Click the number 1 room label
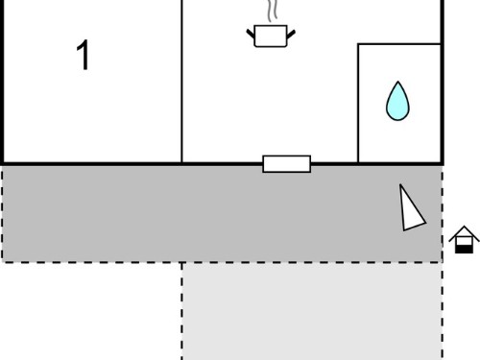click(83, 55)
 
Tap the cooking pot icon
click(271, 36)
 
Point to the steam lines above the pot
click(272, 11)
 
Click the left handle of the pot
click(251, 34)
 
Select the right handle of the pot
click(291, 34)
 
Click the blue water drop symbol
click(397, 101)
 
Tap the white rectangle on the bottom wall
click(286, 164)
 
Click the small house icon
click(464, 240)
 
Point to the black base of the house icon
click(464, 250)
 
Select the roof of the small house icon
click(464, 233)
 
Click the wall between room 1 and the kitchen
click(181, 82)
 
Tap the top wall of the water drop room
click(399, 44)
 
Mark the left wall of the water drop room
click(358, 103)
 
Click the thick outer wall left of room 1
click(2, 82)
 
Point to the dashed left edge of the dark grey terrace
click(2, 214)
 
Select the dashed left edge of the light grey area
click(182, 311)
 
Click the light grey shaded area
click(312, 312)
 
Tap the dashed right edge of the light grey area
click(443, 311)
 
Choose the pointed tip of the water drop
click(397, 82)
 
